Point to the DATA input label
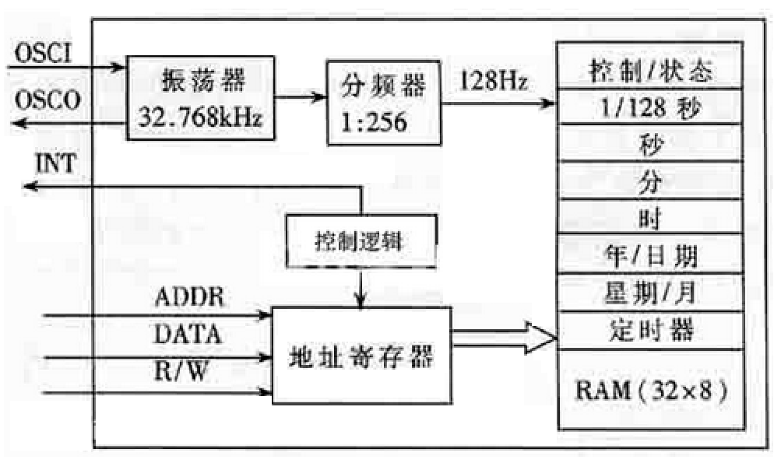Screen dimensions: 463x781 click(x=188, y=335)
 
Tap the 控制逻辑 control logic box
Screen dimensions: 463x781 click(x=361, y=240)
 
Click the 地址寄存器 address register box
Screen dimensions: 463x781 click(x=361, y=356)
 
